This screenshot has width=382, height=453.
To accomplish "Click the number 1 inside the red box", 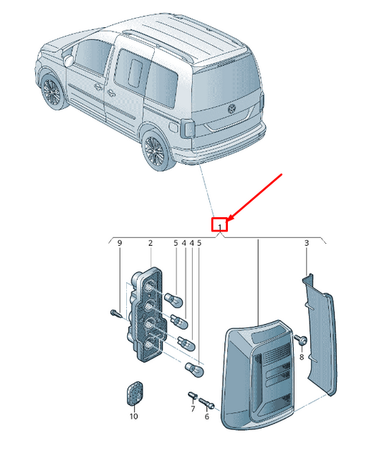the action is [x=220, y=226].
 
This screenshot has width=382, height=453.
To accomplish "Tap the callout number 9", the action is [x=120, y=243].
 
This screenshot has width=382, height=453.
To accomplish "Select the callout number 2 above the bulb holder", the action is [x=151, y=243].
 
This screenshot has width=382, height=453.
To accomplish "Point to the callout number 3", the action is [x=307, y=243].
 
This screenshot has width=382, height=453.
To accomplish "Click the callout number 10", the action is [x=133, y=416].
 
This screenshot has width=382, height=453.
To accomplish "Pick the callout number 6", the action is [x=206, y=416].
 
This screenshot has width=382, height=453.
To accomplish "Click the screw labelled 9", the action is [x=115, y=313].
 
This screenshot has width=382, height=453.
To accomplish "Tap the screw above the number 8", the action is [x=301, y=340].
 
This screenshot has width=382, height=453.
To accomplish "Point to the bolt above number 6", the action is [x=206, y=403].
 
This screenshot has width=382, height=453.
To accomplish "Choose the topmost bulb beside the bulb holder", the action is [x=173, y=300].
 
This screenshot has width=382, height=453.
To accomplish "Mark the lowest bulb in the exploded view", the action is [x=194, y=370].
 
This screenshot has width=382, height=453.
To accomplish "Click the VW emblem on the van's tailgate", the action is [x=232, y=109].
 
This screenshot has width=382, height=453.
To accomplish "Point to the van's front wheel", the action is [x=52, y=92].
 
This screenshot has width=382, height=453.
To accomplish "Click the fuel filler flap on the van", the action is [x=173, y=127].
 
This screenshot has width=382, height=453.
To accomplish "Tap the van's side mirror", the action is [x=69, y=59].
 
